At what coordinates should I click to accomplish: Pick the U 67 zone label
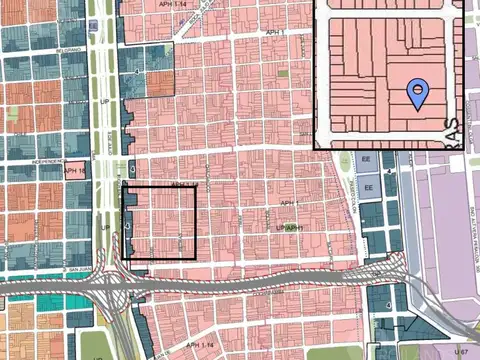click(x=460, y=353)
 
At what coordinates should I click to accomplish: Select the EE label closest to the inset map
click(x=368, y=161)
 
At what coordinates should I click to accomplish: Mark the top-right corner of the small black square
click(x=195, y=187)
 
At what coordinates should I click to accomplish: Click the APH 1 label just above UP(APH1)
click(x=289, y=204)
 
